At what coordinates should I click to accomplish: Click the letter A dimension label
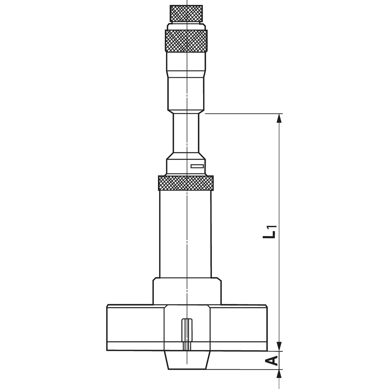271,360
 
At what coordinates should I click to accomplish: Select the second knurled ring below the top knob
186,41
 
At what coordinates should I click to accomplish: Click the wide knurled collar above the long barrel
186,182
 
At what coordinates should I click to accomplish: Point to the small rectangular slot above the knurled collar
197,166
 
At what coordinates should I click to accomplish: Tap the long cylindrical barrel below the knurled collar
186,234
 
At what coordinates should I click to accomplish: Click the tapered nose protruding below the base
187,360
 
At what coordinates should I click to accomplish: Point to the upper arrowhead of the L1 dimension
280,118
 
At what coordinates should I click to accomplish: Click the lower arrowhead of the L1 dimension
280,346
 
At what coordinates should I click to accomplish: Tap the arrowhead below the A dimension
280,374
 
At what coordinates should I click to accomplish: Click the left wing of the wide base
135,327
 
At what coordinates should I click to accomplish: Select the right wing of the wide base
239,327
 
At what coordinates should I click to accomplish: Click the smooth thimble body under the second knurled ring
186,80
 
